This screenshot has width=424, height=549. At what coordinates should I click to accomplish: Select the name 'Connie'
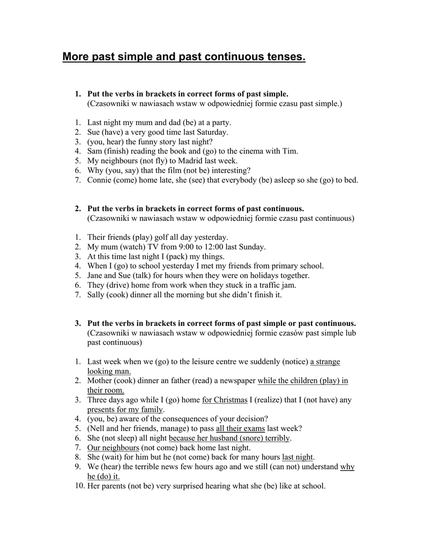click(100, 180)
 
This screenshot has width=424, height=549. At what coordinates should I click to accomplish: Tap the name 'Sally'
click(97, 294)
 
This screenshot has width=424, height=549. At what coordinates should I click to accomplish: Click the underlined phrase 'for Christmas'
click(225, 400)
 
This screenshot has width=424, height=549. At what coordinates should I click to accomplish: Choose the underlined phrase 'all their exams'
click(240, 428)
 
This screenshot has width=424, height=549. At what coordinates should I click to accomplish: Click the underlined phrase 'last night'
click(297, 457)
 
